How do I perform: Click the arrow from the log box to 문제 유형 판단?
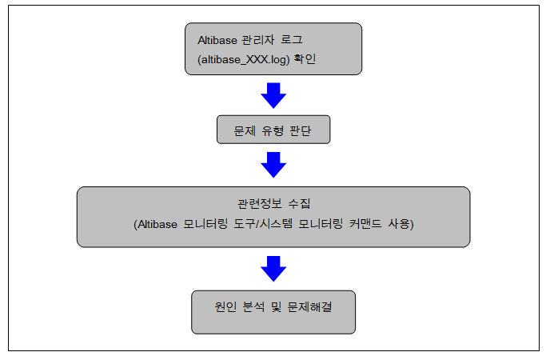tap(273, 95)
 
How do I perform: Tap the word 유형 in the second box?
tap(273, 130)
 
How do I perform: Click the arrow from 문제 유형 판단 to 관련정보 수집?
tap(273, 165)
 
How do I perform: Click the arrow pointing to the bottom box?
tap(273, 268)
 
